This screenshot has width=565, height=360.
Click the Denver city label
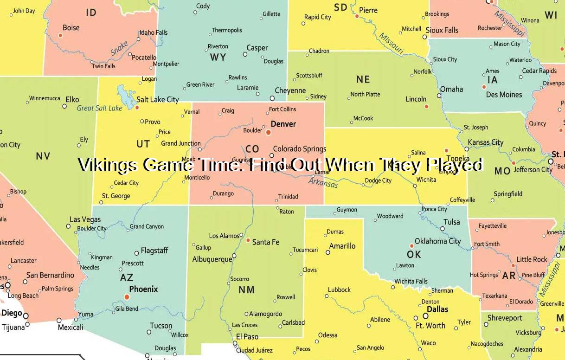283,124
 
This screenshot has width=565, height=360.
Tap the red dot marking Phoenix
127,296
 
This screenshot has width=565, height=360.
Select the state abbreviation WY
218,57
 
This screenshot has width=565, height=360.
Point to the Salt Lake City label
158,99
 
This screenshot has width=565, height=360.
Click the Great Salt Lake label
99,108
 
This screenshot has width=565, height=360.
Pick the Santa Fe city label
266,242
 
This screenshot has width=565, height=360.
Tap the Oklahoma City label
438,241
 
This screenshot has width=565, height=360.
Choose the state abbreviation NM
247,290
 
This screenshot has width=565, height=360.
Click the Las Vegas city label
85,219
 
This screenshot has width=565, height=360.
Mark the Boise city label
71,28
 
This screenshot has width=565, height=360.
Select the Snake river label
119,48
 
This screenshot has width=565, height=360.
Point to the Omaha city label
451,89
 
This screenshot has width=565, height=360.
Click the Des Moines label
504,95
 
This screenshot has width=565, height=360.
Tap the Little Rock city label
532,259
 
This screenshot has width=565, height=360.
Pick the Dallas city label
437,309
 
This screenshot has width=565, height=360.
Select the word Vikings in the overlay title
108,165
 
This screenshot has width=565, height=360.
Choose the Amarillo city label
342,246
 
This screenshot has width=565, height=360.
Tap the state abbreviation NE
363,79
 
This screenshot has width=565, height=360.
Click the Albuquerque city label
212,259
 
